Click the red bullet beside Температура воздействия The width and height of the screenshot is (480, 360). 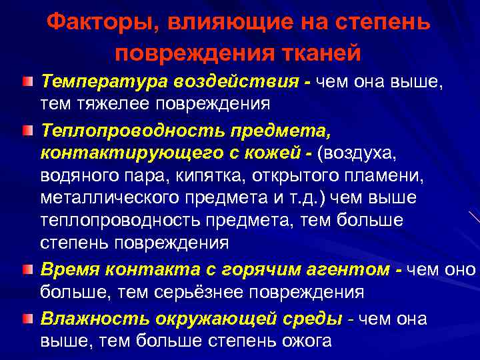pos(27,82)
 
